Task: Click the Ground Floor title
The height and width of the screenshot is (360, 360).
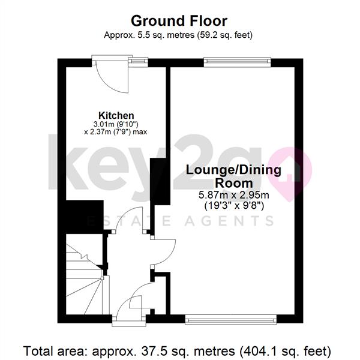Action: pyautogui.click(x=179, y=21)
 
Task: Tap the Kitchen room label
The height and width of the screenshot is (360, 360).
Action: pyautogui.click(x=116, y=115)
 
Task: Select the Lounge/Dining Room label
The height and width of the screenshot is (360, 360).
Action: pyautogui.click(x=233, y=176)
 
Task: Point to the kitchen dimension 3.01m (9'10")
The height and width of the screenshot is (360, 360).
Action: pyautogui.click(x=116, y=124)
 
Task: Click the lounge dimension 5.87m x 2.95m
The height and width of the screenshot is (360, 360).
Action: pyautogui.click(x=234, y=195)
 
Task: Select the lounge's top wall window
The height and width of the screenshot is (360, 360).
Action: pyautogui.click(x=237, y=61)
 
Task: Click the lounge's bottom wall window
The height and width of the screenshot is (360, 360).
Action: pyautogui.click(x=231, y=320)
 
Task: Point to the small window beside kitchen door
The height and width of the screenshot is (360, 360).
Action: pyautogui.click(x=138, y=61)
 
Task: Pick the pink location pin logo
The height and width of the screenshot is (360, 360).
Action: pyautogui.click(x=291, y=174)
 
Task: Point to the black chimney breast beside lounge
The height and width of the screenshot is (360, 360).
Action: pyautogui.click(x=160, y=181)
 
